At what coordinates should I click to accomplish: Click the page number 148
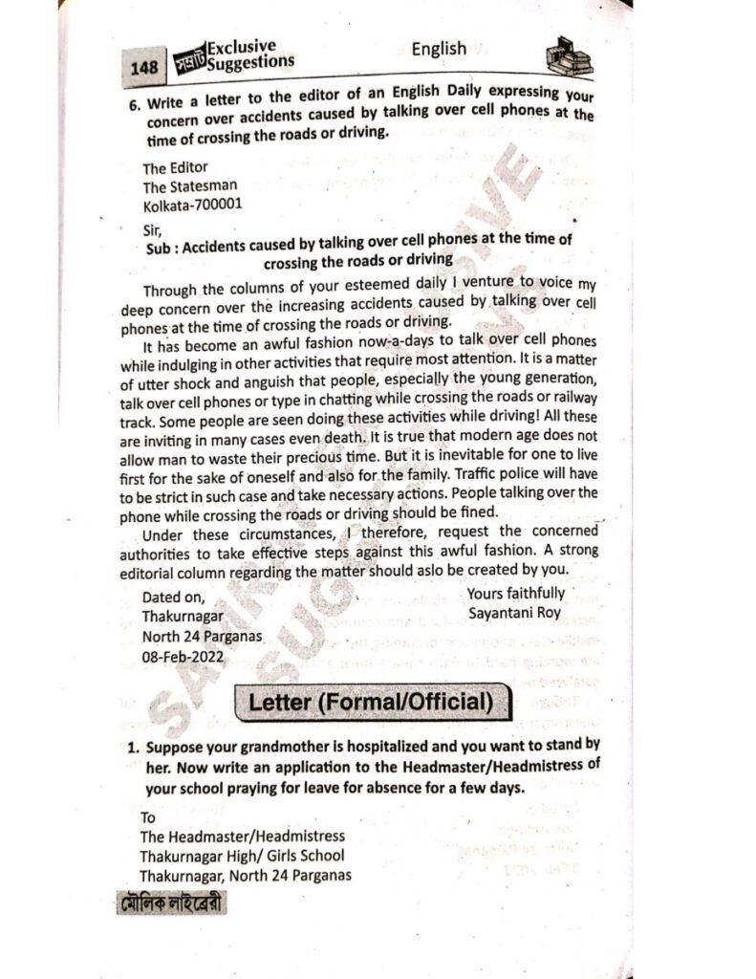tap(143, 68)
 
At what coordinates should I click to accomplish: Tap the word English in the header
tap(439, 49)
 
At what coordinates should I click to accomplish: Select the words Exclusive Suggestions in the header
tap(250, 55)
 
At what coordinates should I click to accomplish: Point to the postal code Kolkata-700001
tap(193, 205)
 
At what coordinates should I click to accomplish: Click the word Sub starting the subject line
tap(156, 247)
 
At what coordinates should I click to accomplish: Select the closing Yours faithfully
tap(516, 594)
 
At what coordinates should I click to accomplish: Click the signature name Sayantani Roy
tap(511, 613)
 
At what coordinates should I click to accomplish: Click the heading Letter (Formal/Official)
tap(370, 703)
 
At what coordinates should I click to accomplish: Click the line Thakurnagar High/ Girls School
tap(242, 856)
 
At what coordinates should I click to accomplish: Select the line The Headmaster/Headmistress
tap(243, 838)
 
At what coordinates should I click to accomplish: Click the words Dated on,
tap(173, 598)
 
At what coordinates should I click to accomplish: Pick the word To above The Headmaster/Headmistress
tap(148, 818)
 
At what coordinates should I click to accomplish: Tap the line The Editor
tap(175, 168)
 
